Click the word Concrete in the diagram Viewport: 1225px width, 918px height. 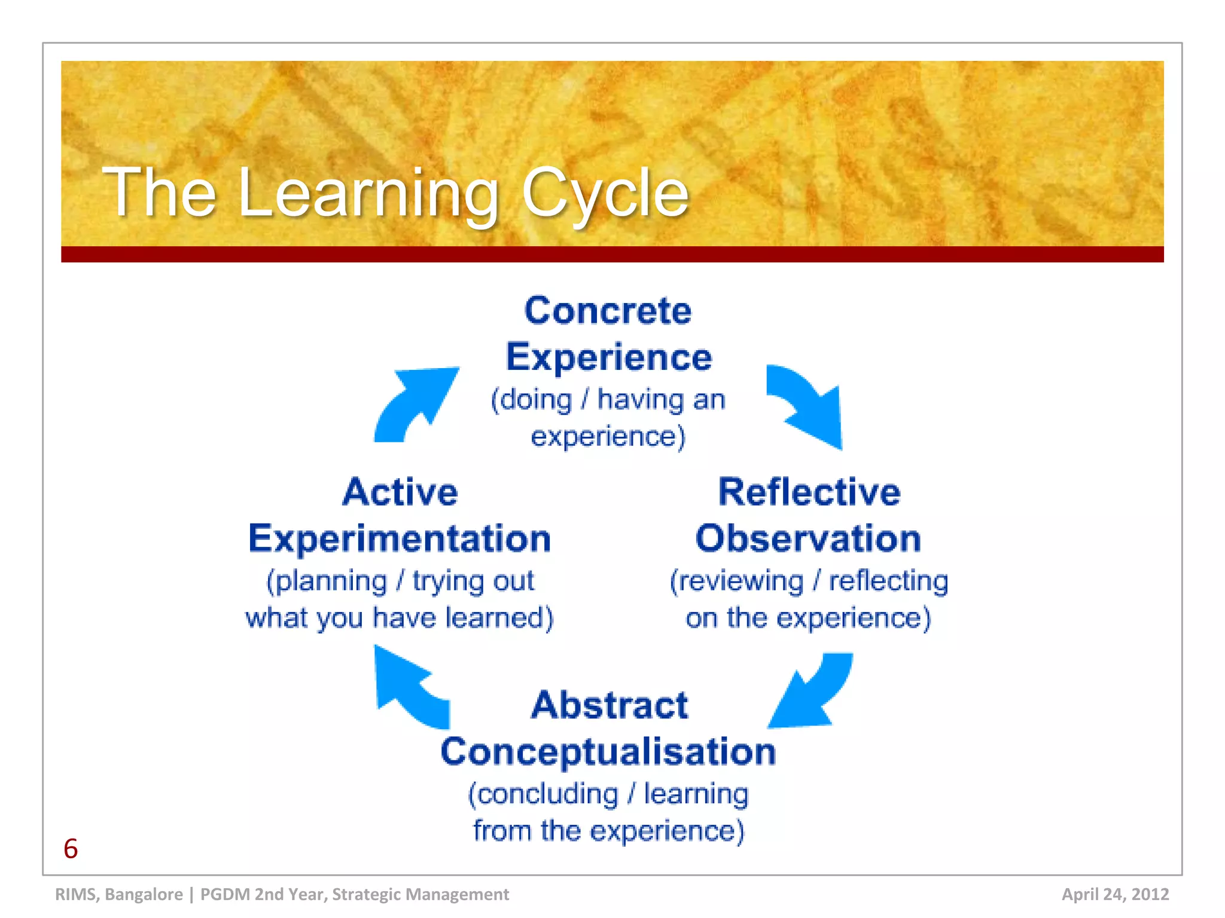tap(608, 311)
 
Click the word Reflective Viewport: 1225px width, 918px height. tap(809, 492)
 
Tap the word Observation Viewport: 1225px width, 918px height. tap(807, 538)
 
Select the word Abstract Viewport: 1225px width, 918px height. tap(609, 705)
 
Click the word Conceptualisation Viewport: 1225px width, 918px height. tap(608, 752)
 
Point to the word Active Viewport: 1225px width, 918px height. tap(400, 492)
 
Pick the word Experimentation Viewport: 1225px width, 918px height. tap(399, 538)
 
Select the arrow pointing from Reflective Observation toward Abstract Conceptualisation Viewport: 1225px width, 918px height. tap(810, 693)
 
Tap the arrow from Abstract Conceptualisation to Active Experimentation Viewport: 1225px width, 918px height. tap(410, 687)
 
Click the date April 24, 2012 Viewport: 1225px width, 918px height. tap(1115, 894)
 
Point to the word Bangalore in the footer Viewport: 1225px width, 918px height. tap(144, 894)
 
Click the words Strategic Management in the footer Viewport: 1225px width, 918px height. tap(420, 894)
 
